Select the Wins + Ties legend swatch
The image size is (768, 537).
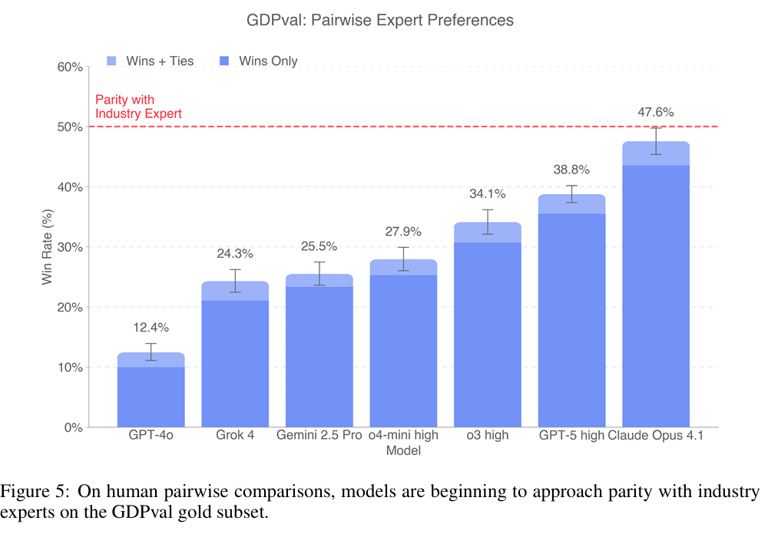coord(110,61)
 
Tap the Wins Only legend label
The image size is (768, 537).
coord(268,61)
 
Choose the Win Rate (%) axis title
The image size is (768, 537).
coord(48,247)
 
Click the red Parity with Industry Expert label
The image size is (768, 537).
coord(138,107)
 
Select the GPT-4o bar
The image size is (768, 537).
coord(151,391)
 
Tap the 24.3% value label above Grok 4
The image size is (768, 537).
coord(235,254)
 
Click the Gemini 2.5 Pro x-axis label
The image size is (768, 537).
coord(319,436)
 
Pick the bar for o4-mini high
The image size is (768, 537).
coord(403,345)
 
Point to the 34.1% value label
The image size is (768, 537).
coord(488,194)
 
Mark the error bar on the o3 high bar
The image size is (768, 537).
coord(488,222)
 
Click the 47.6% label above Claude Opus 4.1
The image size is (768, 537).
coord(656,112)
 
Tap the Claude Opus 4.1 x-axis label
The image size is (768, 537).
coord(656,436)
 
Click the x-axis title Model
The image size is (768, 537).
coord(403,451)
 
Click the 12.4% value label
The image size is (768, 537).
coord(151,326)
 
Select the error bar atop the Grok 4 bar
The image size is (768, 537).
coord(235,281)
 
